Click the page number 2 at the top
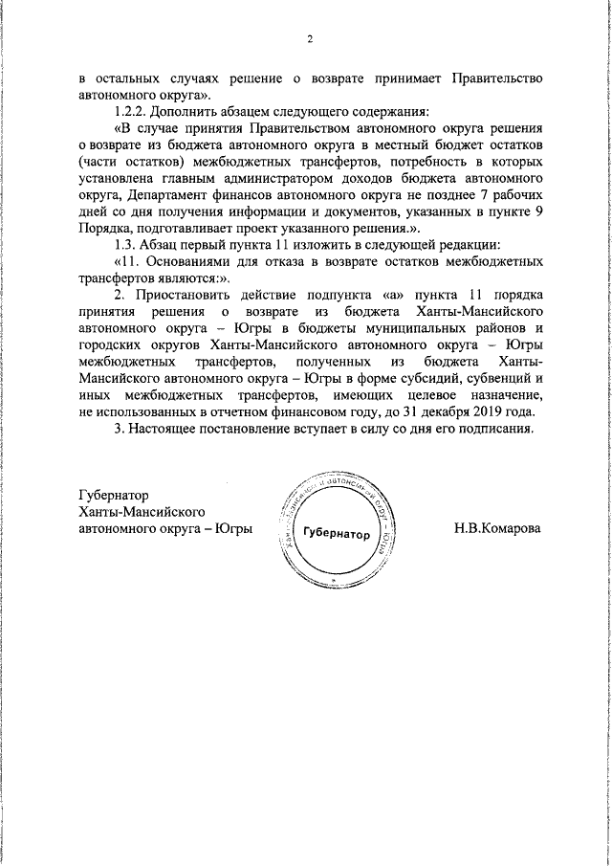[310, 39]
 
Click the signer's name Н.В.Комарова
[496, 528]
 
